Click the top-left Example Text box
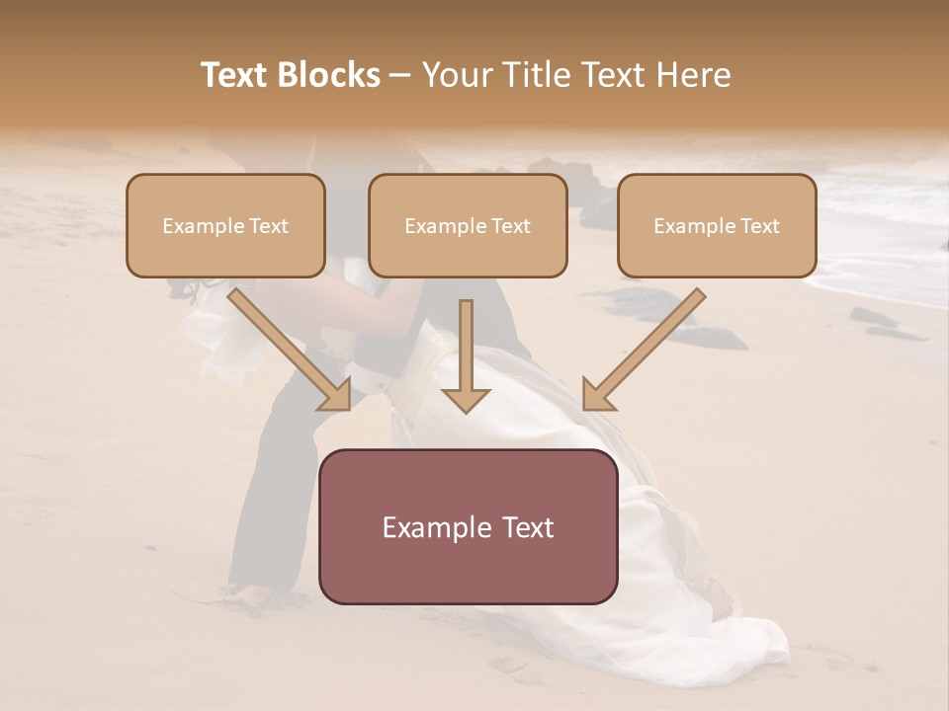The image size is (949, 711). click(x=225, y=225)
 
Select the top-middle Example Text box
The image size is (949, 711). click(x=468, y=225)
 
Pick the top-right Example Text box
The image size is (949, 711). click(x=717, y=225)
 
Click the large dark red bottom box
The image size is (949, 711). click(x=468, y=526)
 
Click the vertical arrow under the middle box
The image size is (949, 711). click(x=466, y=346)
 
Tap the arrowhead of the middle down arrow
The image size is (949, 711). click(x=466, y=399)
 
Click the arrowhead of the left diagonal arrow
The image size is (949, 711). click(x=335, y=394)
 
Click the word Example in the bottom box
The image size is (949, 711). click(x=430, y=527)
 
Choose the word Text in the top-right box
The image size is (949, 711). click(x=758, y=226)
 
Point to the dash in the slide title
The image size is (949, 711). click(x=400, y=76)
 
